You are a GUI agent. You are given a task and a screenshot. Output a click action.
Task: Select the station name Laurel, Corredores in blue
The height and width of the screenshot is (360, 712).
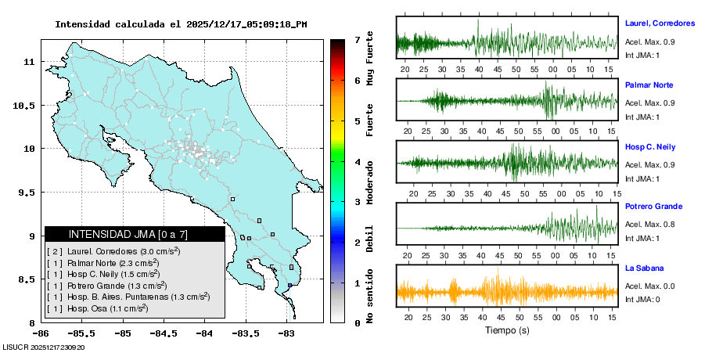pyautogui.click(x=660, y=23)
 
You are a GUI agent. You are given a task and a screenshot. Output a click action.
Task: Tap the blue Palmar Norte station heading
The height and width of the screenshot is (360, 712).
pyautogui.click(x=649, y=85)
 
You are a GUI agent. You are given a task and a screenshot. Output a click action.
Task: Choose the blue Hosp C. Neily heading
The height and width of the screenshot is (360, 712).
pyautogui.click(x=650, y=147)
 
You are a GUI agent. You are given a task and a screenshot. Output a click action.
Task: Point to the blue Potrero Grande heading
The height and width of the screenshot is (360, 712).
pyautogui.click(x=654, y=206)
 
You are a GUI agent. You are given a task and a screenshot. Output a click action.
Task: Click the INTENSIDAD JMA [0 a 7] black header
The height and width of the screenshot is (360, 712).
pyautogui.click(x=135, y=234)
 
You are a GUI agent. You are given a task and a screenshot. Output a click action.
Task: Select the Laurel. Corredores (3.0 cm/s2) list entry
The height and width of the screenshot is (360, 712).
pyautogui.click(x=113, y=251)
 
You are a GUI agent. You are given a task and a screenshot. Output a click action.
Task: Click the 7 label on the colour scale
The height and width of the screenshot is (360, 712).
pyautogui.click(x=357, y=39)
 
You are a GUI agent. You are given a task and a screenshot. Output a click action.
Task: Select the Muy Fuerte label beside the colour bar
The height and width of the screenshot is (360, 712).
pyautogui.click(x=369, y=59)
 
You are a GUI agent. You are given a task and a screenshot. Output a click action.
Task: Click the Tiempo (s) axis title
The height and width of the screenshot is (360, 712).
pyautogui.click(x=506, y=330)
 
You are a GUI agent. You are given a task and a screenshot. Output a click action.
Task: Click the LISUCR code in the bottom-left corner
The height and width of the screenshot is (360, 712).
pyautogui.click(x=44, y=347)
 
